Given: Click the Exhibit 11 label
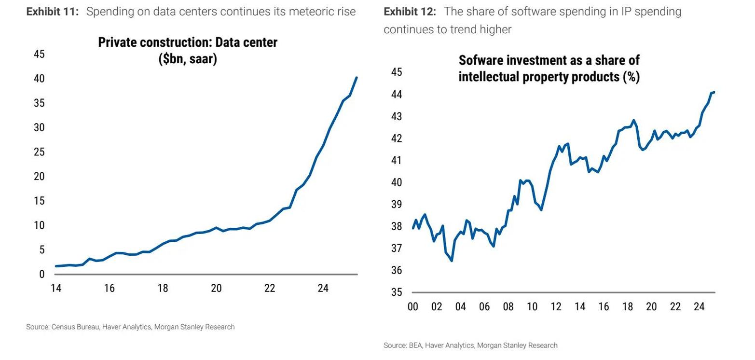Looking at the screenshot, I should click(x=52, y=12).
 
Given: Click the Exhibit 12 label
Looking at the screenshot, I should click(x=410, y=12).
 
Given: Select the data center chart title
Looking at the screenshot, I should click(x=188, y=50).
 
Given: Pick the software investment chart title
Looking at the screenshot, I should click(x=549, y=69).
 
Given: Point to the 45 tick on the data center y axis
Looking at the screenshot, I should click(x=39, y=54).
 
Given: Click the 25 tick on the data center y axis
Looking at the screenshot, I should click(x=39, y=152).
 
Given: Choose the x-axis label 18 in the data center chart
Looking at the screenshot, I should click(x=163, y=289).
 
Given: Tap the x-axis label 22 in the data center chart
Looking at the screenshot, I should click(x=269, y=289).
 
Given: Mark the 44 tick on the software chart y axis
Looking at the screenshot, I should click(x=396, y=94).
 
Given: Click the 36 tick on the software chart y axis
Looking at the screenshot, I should click(x=396, y=271).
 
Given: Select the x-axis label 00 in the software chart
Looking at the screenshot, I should click(x=413, y=307).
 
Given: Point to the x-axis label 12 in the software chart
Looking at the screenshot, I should click(x=556, y=307).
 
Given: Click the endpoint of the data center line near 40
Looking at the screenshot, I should click(x=357, y=77).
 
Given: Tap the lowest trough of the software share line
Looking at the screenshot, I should click(x=452, y=261).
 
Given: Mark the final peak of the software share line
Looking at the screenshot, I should click(x=714, y=92).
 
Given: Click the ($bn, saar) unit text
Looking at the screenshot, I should click(x=188, y=59).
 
